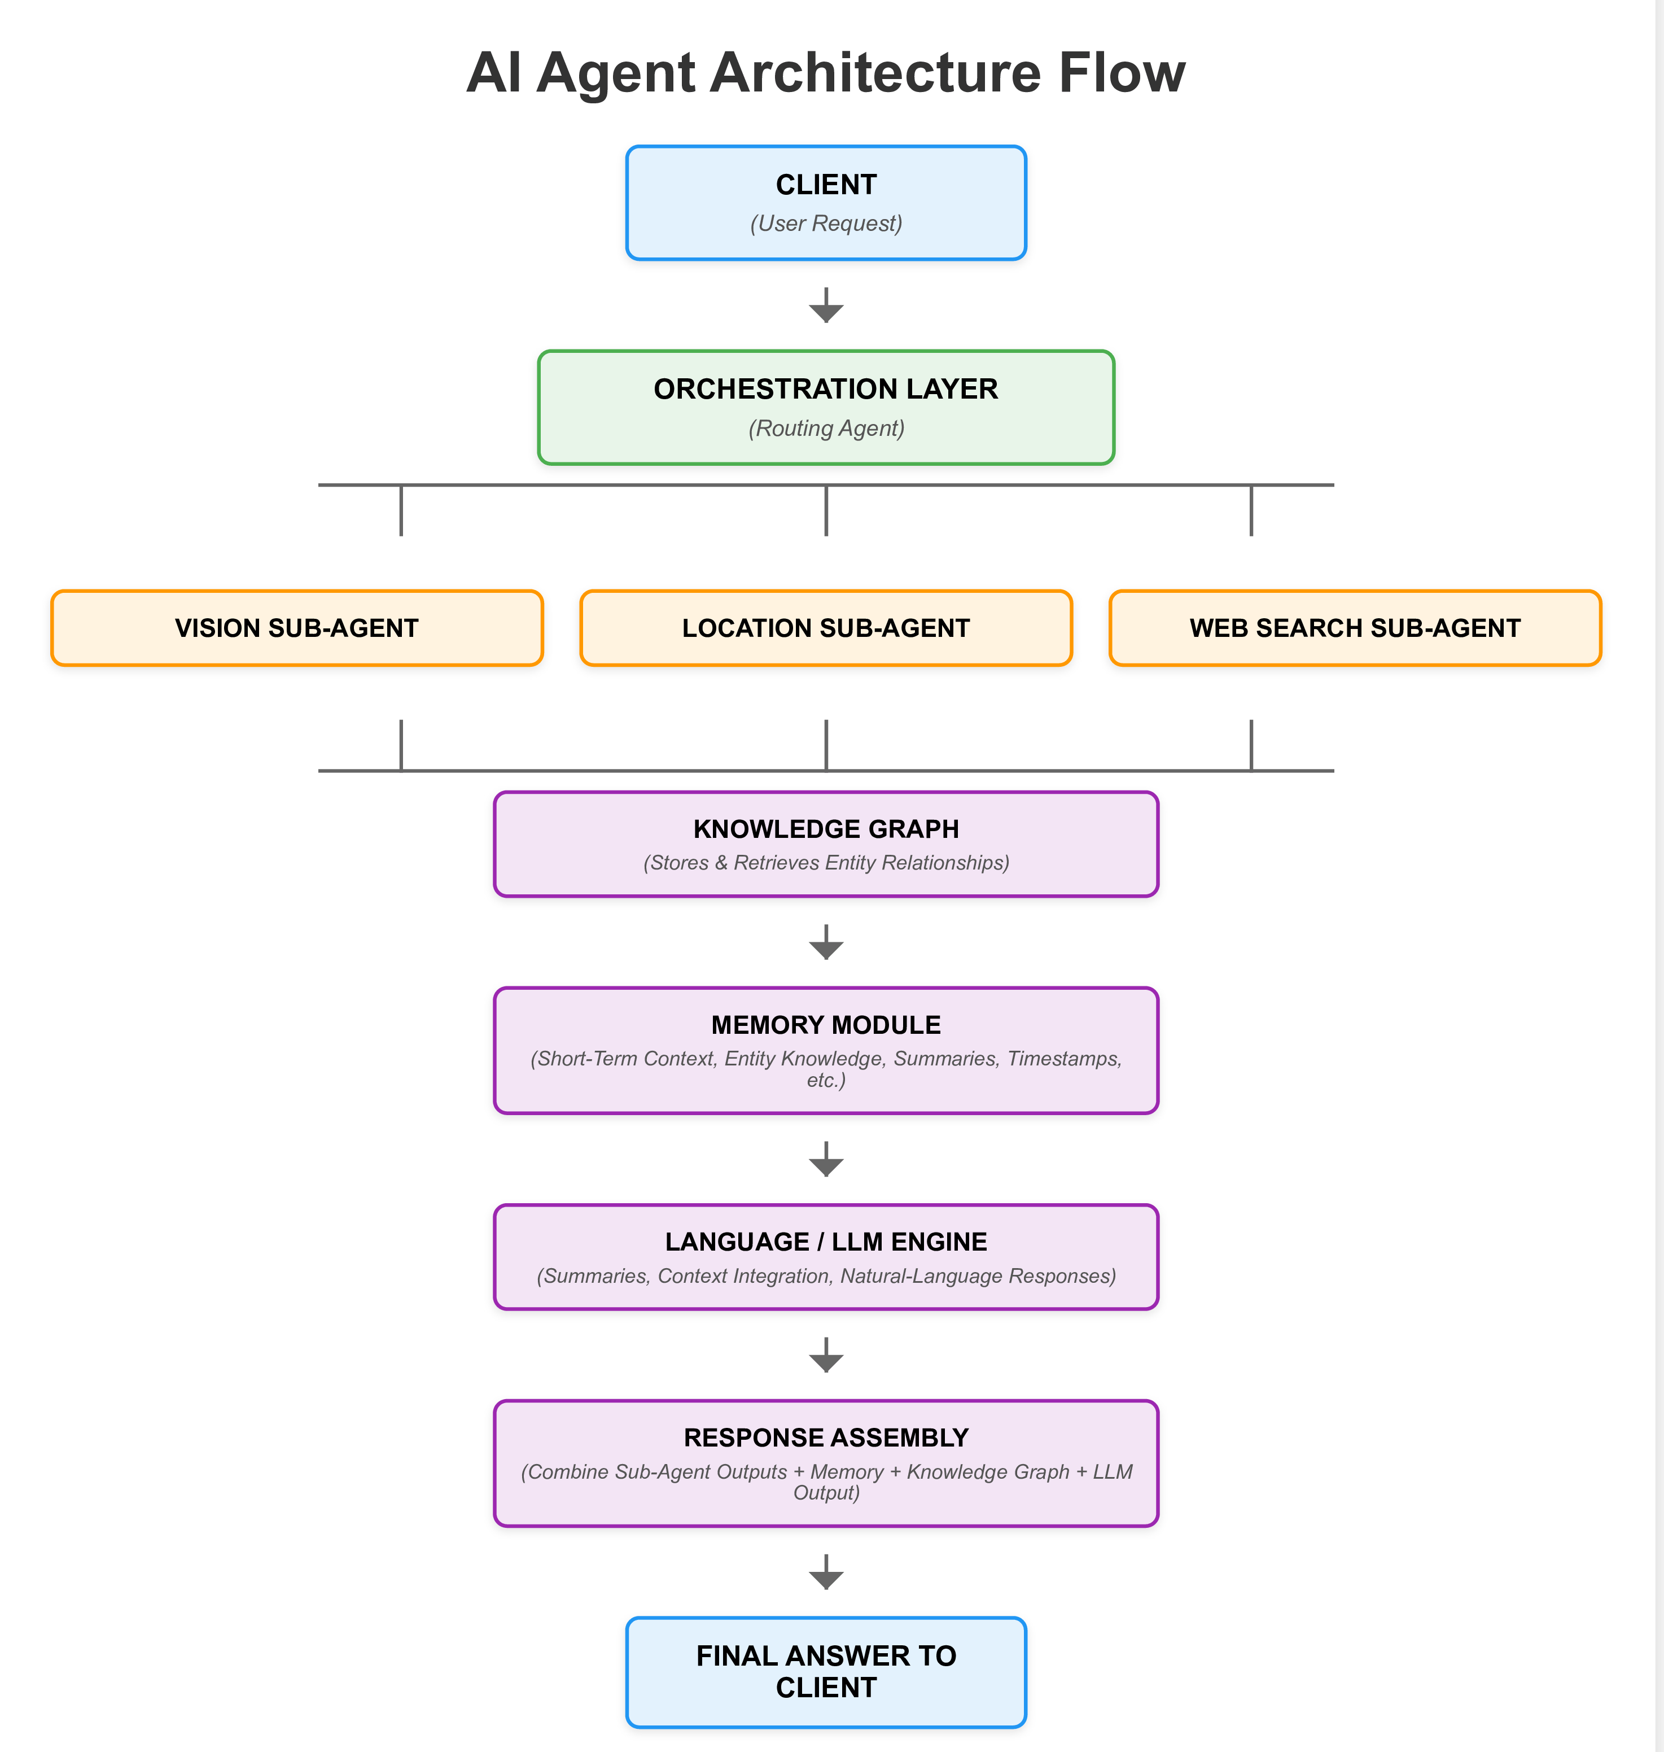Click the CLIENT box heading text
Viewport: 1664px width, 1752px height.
826,185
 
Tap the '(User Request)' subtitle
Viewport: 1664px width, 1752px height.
826,224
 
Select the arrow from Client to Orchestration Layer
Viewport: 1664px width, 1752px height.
826,306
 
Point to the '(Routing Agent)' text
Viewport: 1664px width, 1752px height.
826,429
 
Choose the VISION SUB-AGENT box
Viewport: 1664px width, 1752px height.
296,628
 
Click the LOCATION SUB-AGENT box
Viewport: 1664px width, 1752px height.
826,628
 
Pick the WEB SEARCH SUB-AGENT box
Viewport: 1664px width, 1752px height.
1355,628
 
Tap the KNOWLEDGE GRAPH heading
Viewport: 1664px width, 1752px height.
826,828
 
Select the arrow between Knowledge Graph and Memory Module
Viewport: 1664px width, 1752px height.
826,943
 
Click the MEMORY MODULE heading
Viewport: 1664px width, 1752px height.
826,1025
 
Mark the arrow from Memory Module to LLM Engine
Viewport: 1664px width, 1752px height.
826,1160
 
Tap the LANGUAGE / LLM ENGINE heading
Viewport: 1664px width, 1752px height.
826,1242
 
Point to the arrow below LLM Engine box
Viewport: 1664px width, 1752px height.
826,1356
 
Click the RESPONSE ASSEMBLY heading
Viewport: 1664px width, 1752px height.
826,1437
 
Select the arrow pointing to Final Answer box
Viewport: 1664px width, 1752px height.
826,1573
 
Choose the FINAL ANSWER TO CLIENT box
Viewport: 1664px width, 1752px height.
826,1672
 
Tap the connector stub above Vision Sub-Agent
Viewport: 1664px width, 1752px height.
401,511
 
